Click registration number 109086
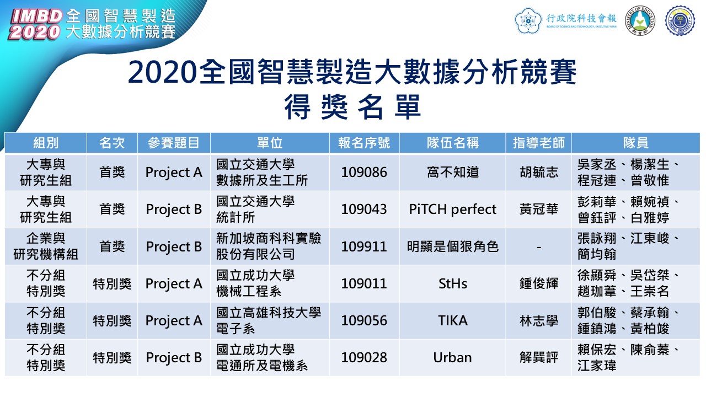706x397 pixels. (364, 173)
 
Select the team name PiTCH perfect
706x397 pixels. (453, 210)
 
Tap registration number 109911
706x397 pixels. (364, 246)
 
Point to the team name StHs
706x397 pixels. (453, 284)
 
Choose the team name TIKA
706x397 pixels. (453, 321)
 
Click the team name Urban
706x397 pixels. (453, 358)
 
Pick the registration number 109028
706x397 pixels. (364, 358)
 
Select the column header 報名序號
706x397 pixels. (364, 143)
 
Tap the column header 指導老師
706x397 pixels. (539, 143)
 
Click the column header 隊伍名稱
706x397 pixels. (453, 143)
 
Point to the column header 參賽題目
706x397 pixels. (174, 143)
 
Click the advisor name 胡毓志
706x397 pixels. (539, 173)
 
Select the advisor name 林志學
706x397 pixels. (539, 321)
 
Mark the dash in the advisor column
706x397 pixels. (539, 248)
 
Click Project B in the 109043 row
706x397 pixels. (174, 210)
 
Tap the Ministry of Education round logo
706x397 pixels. (640, 21)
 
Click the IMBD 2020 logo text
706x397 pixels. (35, 24)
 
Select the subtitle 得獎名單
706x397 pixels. (352, 107)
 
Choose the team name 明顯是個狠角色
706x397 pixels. (453, 246)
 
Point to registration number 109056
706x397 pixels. (364, 321)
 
